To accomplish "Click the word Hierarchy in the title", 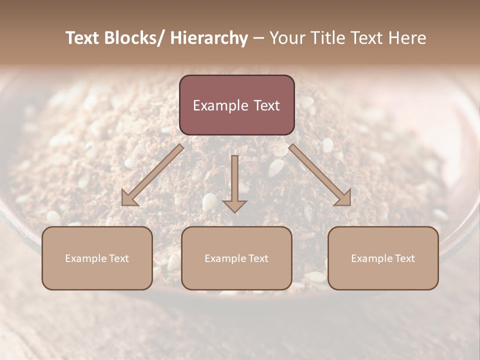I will [x=208, y=38].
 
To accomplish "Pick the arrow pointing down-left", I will [x=152, y=175].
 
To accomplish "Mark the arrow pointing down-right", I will [x=320, y=175].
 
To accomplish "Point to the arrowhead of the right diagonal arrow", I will [x=343, y=198].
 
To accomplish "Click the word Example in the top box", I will [x=220, y=105].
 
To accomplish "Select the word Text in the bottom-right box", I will [x=404, y=258].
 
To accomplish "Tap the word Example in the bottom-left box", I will [x=86, y=258].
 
